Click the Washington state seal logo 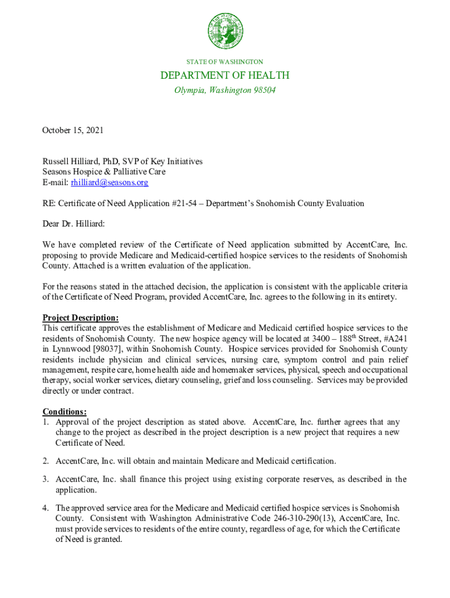point(225,31)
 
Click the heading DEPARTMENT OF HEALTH point(225,75)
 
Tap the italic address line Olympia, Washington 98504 point(225,91)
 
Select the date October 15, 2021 point(72,130)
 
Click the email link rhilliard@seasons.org point(109,183)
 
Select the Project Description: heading point(81,318)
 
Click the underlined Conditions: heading point(65,412)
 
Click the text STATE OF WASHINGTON point(225,61)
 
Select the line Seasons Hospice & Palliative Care point(103,172)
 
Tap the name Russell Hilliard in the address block point(71,162)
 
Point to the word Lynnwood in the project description point(68,349)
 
